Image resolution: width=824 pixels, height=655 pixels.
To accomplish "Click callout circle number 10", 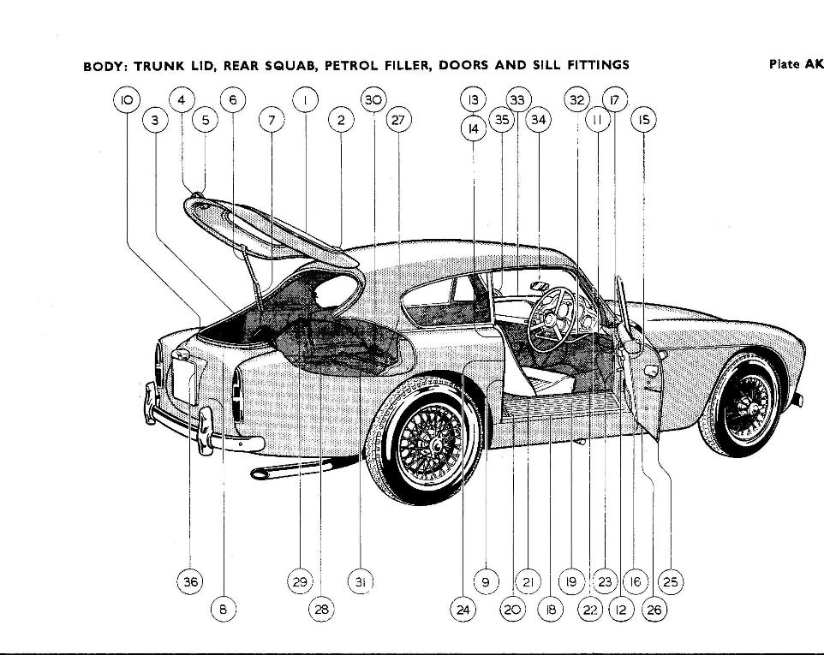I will [126, 99].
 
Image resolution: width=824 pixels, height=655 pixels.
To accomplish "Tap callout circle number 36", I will [189, 581].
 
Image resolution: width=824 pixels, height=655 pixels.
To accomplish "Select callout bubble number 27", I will [397, 120].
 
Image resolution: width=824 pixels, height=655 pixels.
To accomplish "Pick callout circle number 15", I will [643, 121].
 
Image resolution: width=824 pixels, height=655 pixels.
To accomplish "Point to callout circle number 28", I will [320, 609].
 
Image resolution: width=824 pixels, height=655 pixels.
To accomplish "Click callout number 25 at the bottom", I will [670, 581].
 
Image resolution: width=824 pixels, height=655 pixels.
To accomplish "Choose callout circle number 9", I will [485, 581].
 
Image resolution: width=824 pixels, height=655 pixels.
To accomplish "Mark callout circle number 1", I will [305, 99].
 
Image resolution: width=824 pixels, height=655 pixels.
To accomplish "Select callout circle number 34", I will [538, 120].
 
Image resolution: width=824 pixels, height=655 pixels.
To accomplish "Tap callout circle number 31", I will [361, 581].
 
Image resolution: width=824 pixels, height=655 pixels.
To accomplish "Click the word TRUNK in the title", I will [162, 65].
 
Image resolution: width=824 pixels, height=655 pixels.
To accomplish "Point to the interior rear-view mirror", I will [540, 285].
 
